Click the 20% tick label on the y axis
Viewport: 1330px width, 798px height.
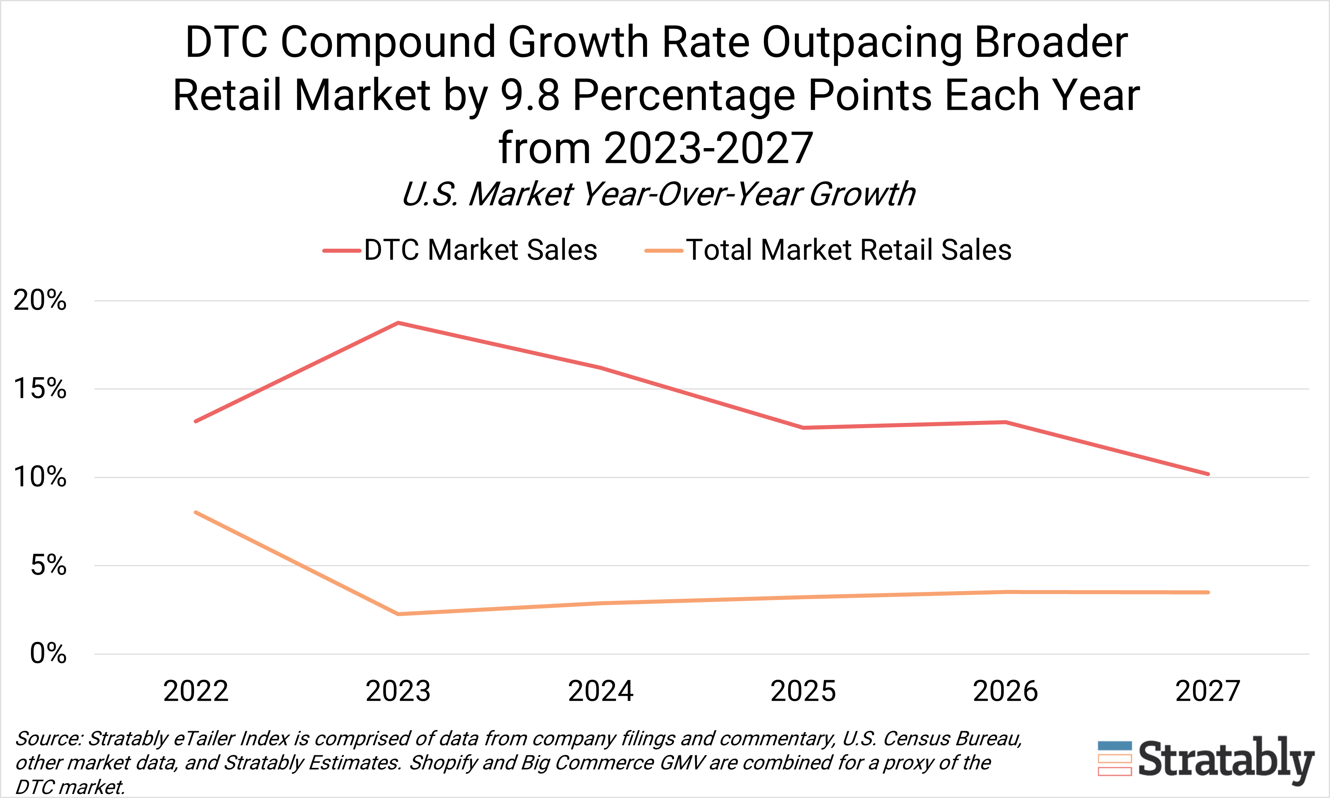(x=40, y=300)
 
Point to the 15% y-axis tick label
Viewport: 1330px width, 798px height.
(x=40, y=388)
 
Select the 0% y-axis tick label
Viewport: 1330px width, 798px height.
(x=48, y=654)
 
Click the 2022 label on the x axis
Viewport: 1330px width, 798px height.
(x=196, y=691)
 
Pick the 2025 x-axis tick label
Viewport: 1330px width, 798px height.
(x=803, y=691)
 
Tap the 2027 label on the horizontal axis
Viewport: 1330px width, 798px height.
(x=1208, y=691)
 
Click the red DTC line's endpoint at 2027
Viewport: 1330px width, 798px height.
(x=1208, y=474)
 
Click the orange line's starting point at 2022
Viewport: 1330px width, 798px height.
(x=196, y=512)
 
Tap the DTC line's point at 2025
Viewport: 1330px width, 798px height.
(x=803, y=427)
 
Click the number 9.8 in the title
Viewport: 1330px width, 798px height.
(x=530, y=96)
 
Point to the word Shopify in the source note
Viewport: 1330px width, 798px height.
(x=442, y=763)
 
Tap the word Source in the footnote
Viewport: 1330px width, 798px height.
(x=48, y=738)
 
